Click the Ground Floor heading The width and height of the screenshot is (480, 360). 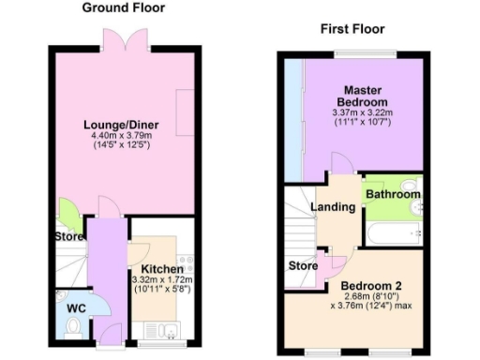[x=123, y=8]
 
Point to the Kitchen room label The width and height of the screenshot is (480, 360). [x=160, y=268]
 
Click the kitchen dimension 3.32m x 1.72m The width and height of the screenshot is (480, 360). [x=160, y=279]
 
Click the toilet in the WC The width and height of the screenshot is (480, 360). [x=74, y=326]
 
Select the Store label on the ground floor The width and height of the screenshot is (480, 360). [x=67, y=236]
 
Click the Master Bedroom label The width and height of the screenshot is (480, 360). [x=362, y=95]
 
